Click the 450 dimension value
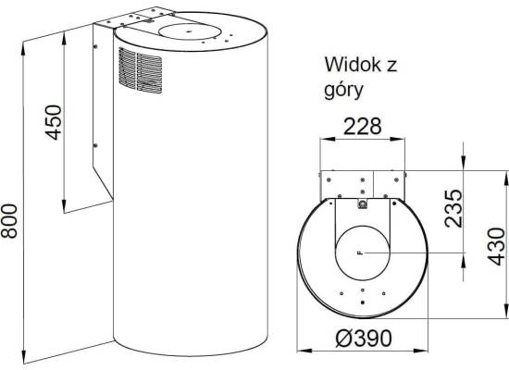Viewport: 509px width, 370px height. [53, 122]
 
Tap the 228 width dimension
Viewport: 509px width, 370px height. [362, 127]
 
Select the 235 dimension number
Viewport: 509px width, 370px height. [453, 209]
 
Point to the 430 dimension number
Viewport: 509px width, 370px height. [497, 247]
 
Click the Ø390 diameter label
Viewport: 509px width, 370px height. [364, 339]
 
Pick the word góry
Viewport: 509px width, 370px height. [343, 91]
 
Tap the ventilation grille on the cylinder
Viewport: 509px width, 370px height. [141, 70]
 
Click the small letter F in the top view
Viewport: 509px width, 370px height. [359, 253]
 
